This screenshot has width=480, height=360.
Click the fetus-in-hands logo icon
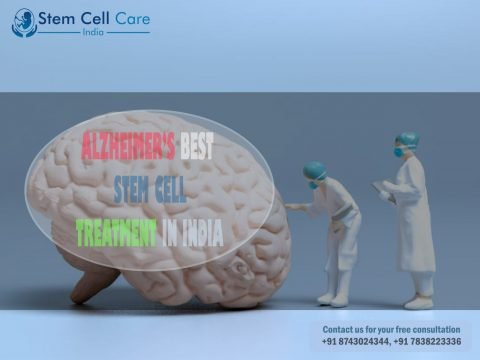[x=24, y=23]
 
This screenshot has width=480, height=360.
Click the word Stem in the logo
[x=56, y=18]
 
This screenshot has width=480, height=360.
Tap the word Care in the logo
[x=132, y=19]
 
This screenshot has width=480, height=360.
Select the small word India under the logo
[x=93, y=32]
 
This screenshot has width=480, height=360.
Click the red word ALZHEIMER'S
[x=128, y=146]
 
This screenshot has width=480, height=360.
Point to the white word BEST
[x=197, y=146]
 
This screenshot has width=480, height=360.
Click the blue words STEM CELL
[x=150, y=189]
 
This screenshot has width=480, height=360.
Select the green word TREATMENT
[x=116, y=233]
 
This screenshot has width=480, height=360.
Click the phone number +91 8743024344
[x=355, y=341]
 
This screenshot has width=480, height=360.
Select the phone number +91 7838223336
[x=427, y=341]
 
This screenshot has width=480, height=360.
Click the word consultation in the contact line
[x=436, y=329]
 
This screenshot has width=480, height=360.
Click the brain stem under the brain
[x=94, y=282]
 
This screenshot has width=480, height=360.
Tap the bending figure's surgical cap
[x=314, y=170]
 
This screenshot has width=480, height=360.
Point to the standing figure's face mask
[x=398, y=152]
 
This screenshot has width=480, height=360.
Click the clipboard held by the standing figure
[x=383, y=191]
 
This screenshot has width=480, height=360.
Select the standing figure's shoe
[x=419, y=302]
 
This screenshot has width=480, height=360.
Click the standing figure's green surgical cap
[x=408, y=139]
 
